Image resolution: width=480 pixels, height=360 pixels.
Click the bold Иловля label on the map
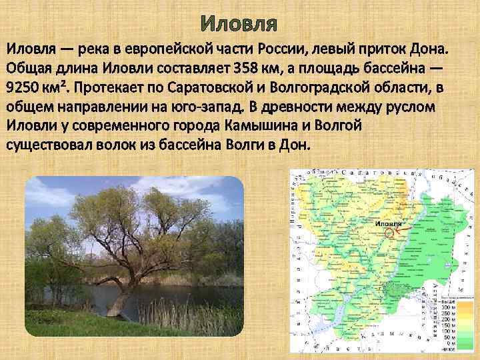click(x=389, y=223)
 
